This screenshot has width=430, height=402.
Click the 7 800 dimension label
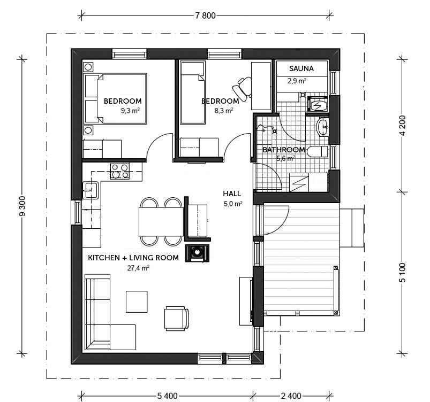[x=206, y=16]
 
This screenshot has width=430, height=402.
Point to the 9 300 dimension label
[x=22, y=206]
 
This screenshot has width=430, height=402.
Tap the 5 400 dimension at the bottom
[x=167, y=396]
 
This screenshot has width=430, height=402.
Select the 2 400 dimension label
[x=291, y=396]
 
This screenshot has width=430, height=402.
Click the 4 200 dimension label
[x=403, y=126]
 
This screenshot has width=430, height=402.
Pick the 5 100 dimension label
[x=403, y=273]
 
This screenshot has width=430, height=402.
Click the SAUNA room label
[x=301, y=68]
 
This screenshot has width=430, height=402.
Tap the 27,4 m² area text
[x=138, y=268]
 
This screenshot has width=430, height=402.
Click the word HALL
[x=232, y=194]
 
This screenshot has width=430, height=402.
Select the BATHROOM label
[x=284, y=150]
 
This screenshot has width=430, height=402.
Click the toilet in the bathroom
[x=318, y=151]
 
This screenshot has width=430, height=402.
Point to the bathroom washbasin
[x=322, y=127]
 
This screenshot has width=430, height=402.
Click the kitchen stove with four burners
[x=120, y=171]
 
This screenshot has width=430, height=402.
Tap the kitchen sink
[x=90, y=190]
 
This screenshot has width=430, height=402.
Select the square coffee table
[x=137, y=301]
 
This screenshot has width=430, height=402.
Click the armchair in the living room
[x=177, y=319]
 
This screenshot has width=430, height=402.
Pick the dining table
[x=161, y=221]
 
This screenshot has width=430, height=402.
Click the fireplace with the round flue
[x=197, y=253]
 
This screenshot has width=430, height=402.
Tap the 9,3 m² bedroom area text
[x=131, y=111]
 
